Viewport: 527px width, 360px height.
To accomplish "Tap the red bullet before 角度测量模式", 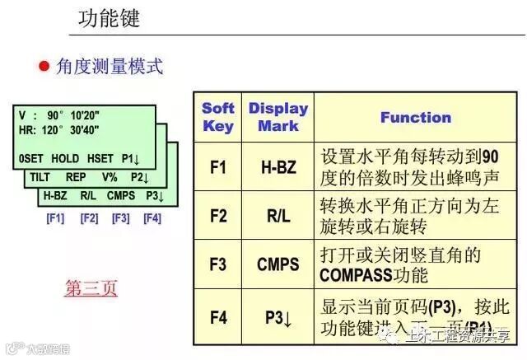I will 45,67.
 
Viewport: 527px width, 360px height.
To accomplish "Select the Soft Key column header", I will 218,117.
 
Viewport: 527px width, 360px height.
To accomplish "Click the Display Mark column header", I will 277,117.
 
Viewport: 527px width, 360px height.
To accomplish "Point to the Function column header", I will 415,117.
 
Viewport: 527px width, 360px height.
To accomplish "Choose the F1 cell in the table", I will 218,167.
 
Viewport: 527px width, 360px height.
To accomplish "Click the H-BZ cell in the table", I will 277,167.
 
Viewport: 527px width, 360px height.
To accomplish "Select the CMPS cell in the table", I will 277,265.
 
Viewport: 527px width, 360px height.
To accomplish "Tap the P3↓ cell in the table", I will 277,316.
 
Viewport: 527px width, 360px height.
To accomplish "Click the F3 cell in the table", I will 218,265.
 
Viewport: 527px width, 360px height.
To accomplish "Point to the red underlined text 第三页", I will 91,288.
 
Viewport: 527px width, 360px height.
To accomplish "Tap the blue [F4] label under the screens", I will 152,218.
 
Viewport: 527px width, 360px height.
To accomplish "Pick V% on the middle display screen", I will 109,177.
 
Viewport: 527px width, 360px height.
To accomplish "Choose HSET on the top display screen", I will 100,158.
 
